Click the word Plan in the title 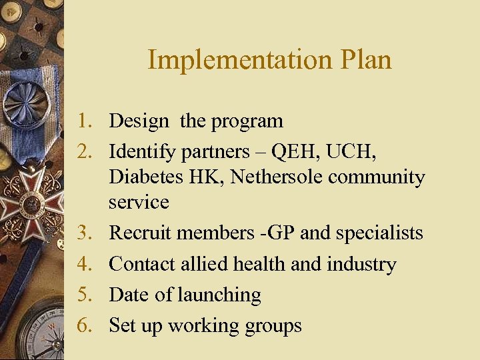(x=365, y=60)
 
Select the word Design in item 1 (x=139, y=121)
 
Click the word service (x=139, y=202)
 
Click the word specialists (x=379, y=233)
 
